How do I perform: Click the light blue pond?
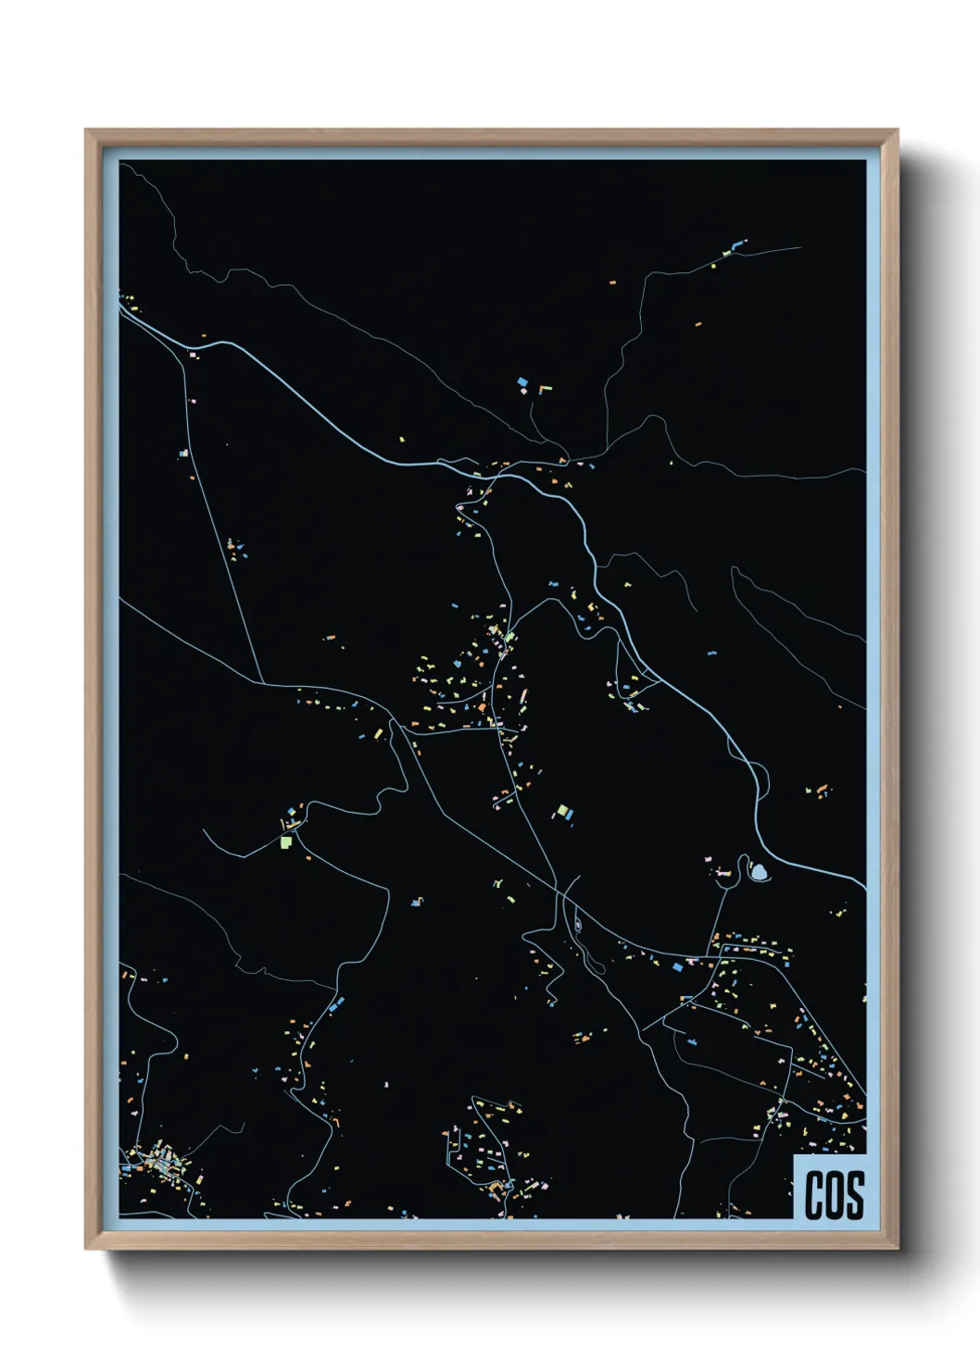tap(759, 871)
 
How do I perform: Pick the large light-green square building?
tap(286, 842)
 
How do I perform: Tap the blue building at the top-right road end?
tap(738, 245)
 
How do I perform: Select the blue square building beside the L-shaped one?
tap(522, 381)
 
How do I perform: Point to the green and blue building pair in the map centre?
tap(563, 813)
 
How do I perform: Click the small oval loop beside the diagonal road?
tap(577, 924)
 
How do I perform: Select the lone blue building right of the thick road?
tap(711, 654)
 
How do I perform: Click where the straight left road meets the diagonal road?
tap(263, 683)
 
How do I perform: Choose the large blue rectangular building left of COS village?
tap(677, 966)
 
